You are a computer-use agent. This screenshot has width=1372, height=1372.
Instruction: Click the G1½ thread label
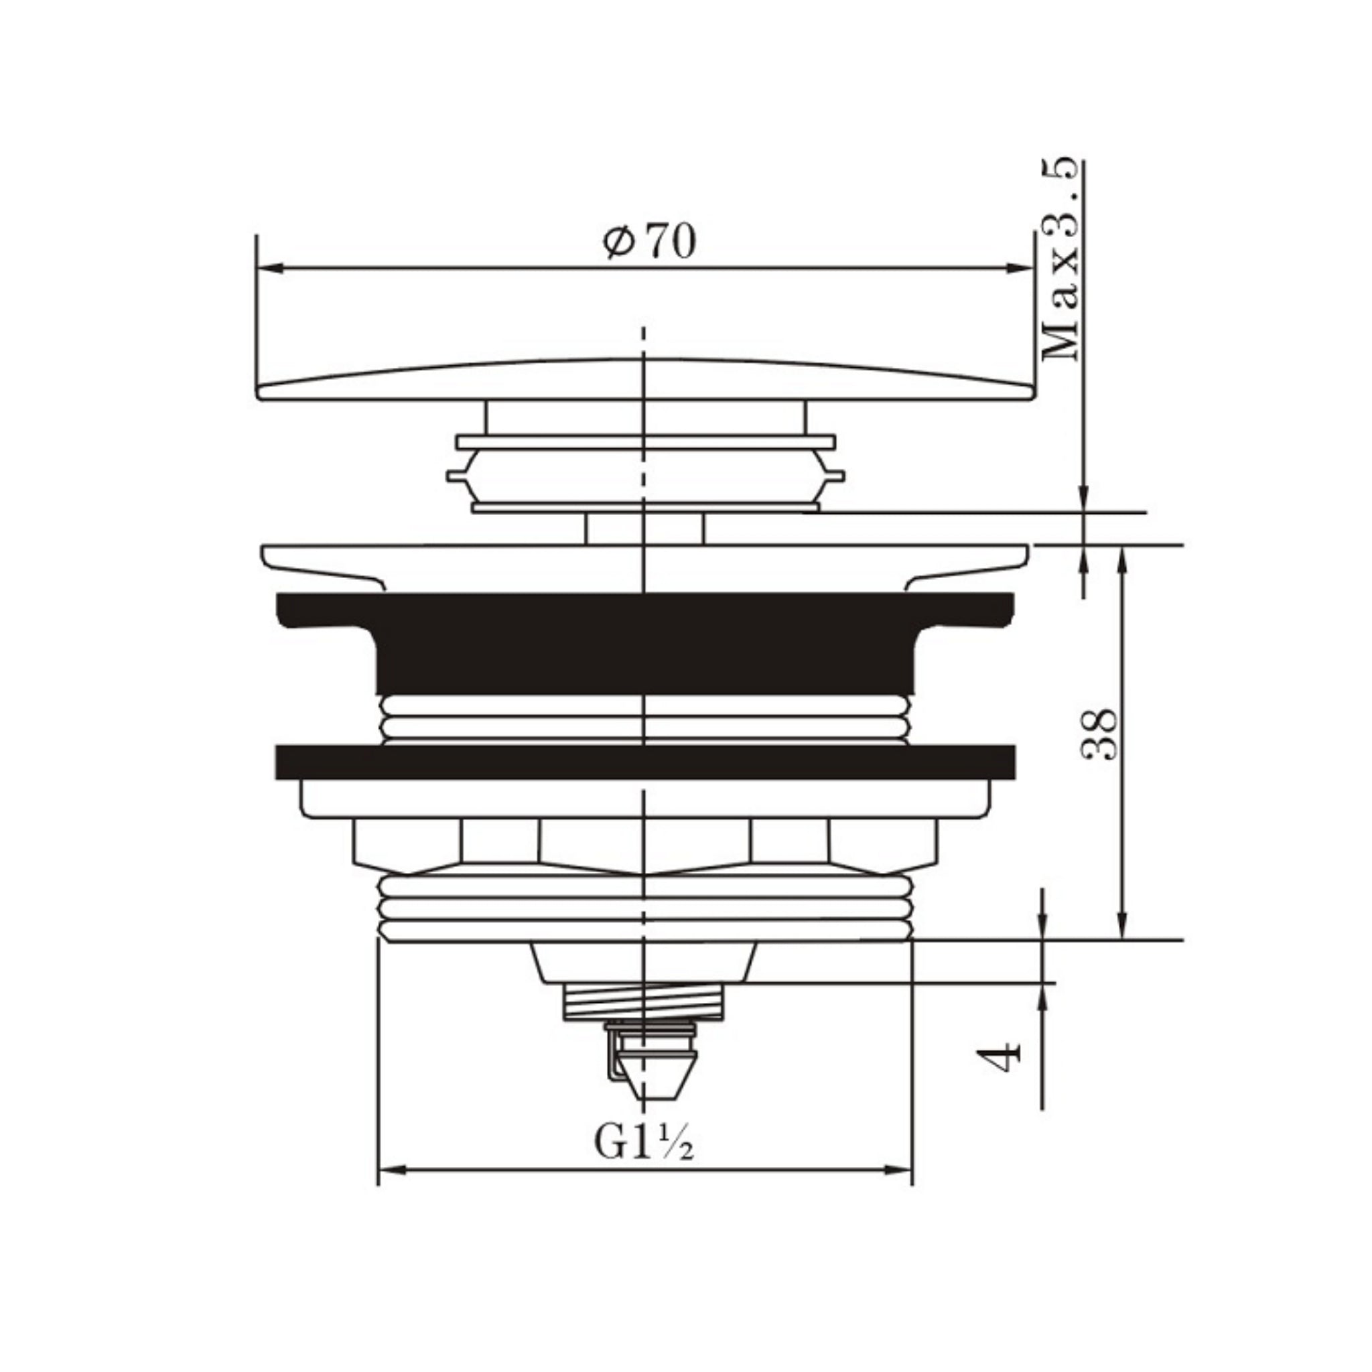(x=643, y=1143)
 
